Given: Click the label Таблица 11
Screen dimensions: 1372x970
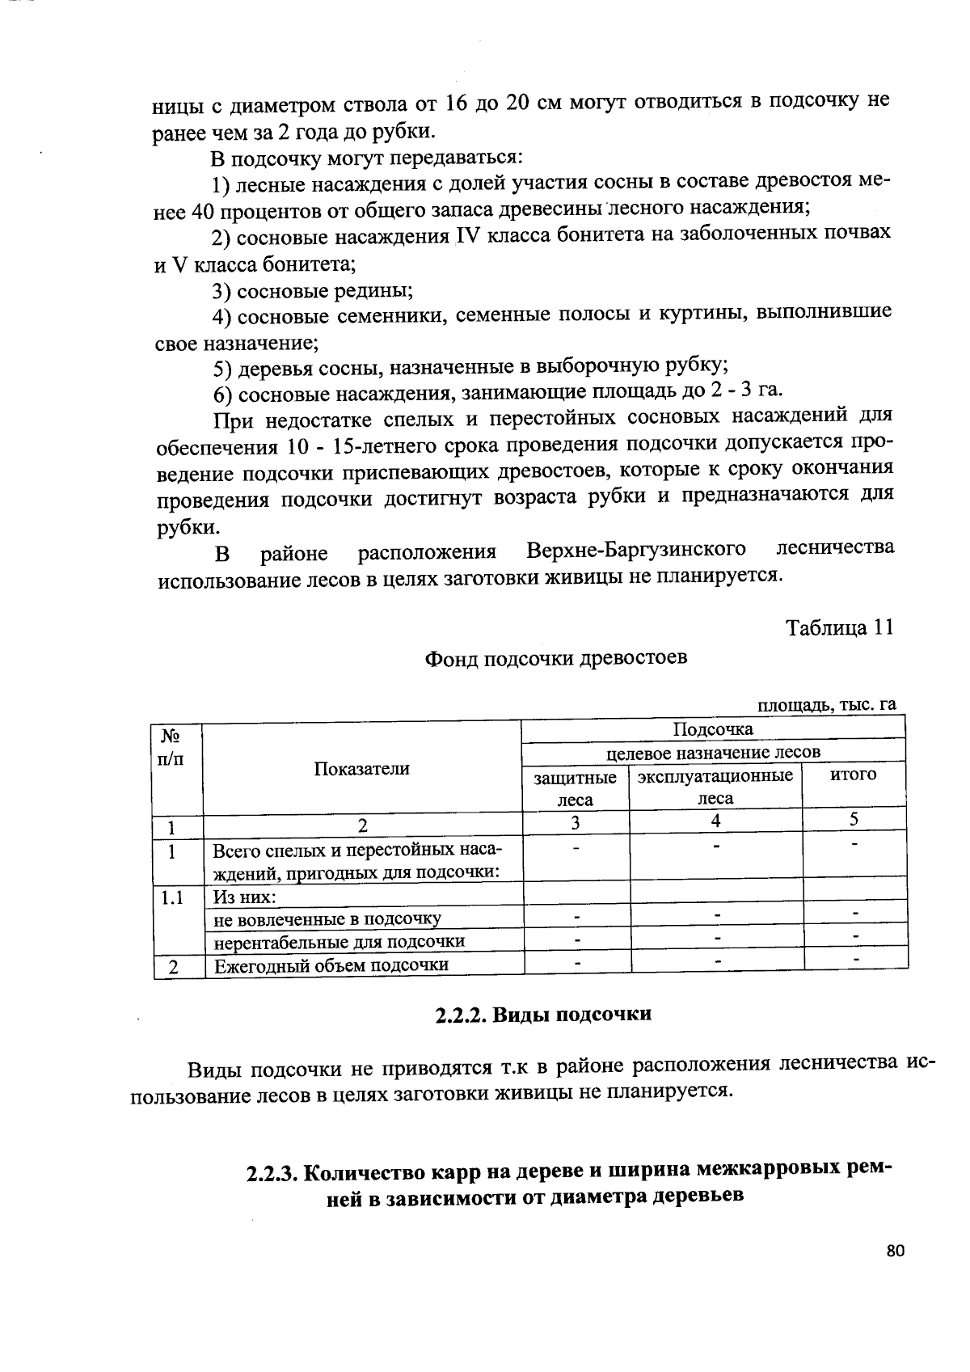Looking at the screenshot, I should tap(840, 628).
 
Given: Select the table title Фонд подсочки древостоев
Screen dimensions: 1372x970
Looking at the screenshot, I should tap(556, 657).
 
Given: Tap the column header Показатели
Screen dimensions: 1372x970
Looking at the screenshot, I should tap(361, 769).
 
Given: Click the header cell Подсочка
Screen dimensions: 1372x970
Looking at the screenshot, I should tap(713, 729).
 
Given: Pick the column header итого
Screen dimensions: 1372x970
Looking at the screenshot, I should tap(854, 775).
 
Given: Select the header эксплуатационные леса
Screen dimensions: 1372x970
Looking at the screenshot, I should tap(715, 787).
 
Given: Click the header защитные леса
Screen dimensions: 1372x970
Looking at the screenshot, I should tap(576, 788).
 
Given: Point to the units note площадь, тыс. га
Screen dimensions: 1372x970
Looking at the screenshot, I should tap(826, 705).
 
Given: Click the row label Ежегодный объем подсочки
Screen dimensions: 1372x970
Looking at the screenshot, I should tap(330, 965).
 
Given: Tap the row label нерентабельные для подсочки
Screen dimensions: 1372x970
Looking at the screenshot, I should tap(339, 942).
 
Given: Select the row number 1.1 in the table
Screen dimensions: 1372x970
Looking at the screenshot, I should tap(171, 897).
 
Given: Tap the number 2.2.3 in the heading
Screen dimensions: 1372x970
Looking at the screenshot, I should tap(273, 1173).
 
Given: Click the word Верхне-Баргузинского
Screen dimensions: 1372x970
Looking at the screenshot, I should tap(635, 551).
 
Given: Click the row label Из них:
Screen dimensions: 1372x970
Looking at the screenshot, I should tap(244, 897).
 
